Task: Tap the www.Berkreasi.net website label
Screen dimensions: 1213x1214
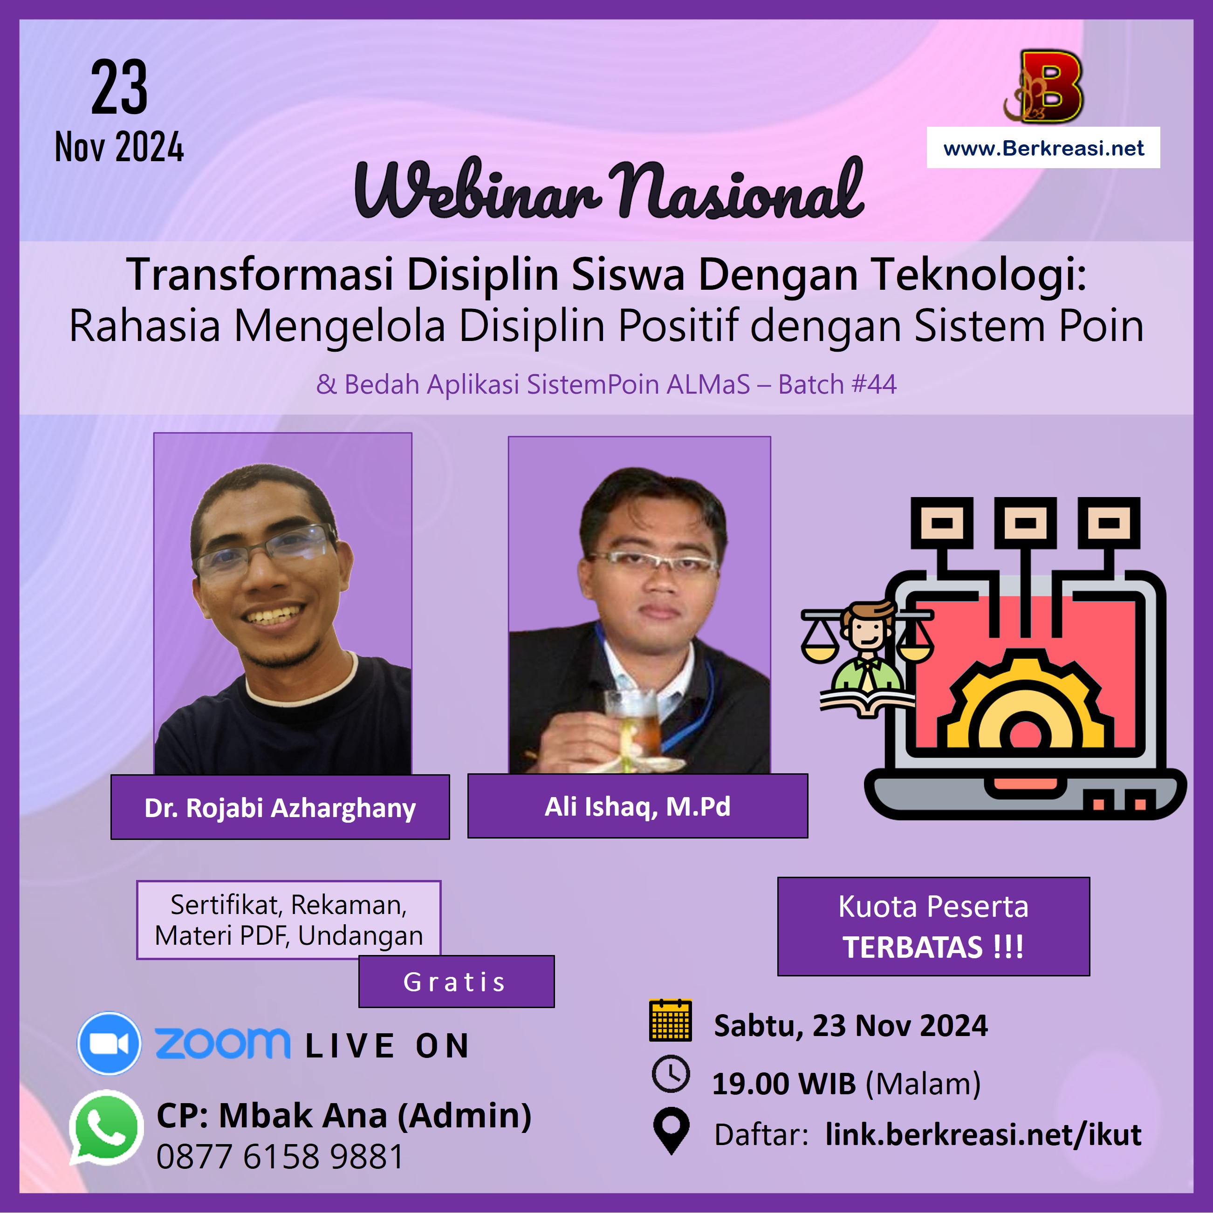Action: (1043, 148)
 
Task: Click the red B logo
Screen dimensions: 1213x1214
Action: (1044, 86)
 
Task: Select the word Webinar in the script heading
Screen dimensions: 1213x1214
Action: (478, 189)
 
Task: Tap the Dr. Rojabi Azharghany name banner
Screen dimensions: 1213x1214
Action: (281, 807)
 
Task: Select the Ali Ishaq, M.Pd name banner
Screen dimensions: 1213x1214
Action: (638, 806)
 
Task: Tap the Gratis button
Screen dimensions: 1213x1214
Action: (456, 982)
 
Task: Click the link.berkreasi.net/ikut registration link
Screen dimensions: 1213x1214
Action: (984, 1135)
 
